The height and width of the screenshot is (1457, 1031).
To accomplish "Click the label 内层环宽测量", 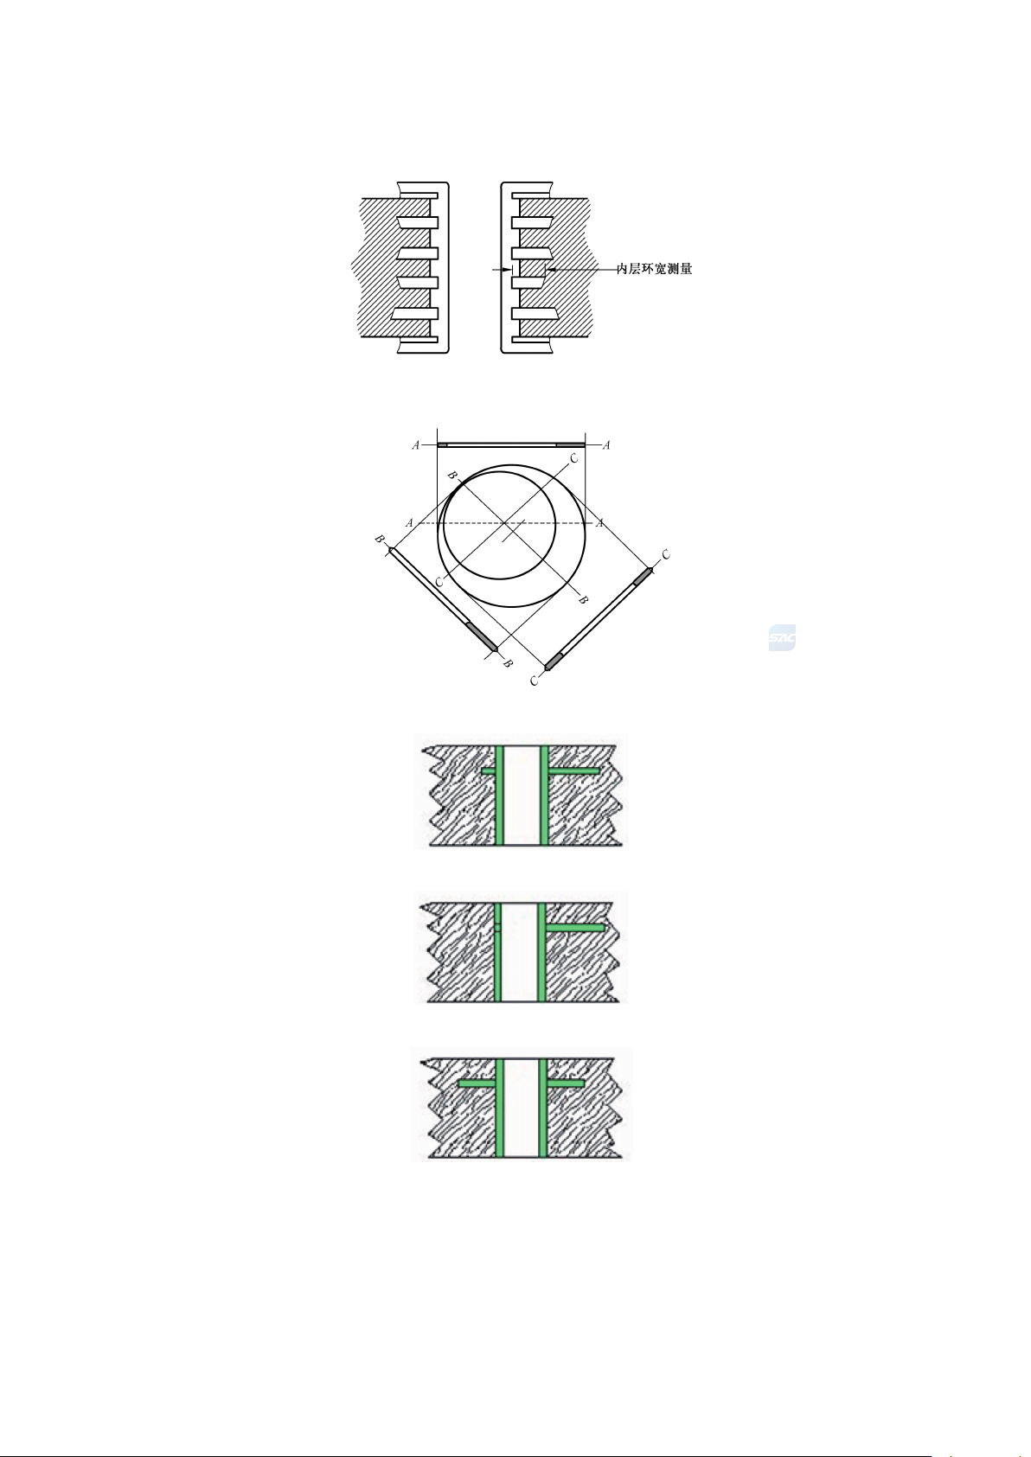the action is click(655, 269).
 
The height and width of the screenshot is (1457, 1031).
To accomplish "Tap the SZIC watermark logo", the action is click(782, 638).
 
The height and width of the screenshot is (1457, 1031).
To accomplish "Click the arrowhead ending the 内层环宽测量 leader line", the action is click(548, 269).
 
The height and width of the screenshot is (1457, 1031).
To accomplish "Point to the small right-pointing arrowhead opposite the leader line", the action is click(507, 269).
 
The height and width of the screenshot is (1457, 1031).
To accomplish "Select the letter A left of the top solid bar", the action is click(416, 445).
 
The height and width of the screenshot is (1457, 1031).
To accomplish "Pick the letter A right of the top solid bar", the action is click(606, 445).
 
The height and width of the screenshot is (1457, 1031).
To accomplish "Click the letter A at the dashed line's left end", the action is click(409, 523).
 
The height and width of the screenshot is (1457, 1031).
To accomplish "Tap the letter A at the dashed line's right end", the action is click(599, 523).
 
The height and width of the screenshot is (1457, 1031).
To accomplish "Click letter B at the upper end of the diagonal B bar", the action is click(380, 540).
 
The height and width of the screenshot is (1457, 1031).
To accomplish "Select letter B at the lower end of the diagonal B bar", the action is click(509, 663).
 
